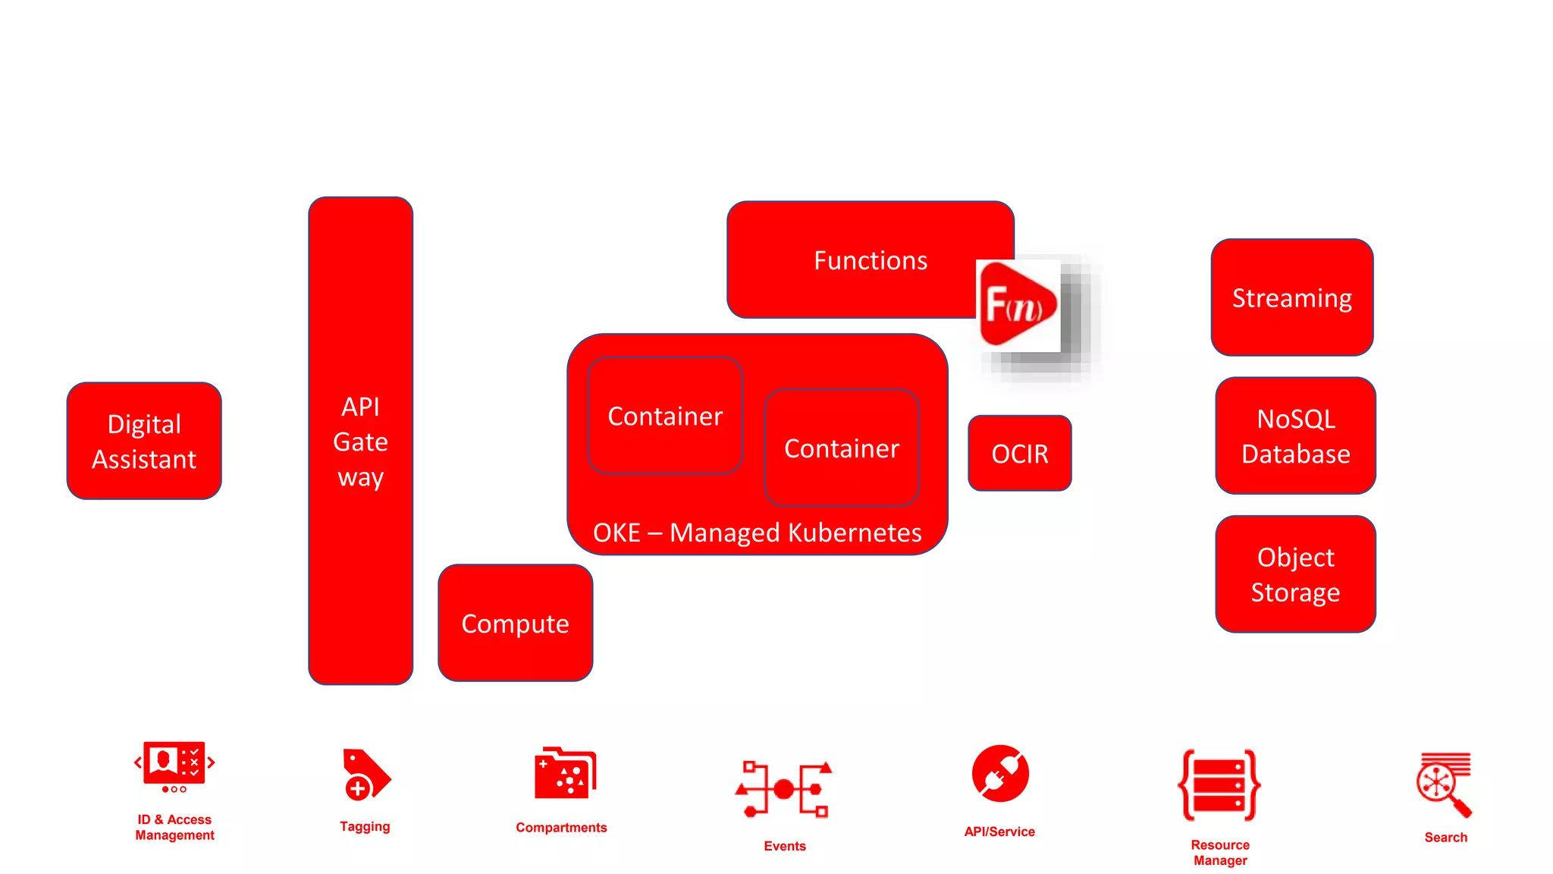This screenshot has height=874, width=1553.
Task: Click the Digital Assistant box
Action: [x=144, y=441]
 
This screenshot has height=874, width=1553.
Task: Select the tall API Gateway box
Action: [x=360, y=441]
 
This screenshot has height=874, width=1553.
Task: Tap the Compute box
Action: [x=515, y=623]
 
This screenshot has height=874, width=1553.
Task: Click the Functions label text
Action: [x=870, y=260]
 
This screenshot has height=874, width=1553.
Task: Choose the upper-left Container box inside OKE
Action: [x=665, y=416]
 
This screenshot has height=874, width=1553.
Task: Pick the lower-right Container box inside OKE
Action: [x=842, y=448]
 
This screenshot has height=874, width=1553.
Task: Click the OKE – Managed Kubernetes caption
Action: [x=757, y=533]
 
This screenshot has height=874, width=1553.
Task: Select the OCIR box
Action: [x=1019, y=453]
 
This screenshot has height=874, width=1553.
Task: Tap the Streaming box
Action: [x=1291, y=297]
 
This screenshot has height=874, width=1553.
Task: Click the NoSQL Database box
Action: [x=1295, y=435]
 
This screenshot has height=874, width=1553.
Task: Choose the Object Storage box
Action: [x=1295, y=574]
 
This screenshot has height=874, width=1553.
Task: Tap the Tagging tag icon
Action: [x=366, y=775]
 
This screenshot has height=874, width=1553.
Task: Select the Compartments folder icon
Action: [x=564, y=773]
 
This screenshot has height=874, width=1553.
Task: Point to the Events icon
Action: [x=784, y=789]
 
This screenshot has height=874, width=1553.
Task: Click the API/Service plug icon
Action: [x=1000, y=774]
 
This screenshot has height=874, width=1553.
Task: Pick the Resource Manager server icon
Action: [x=1219, y=785]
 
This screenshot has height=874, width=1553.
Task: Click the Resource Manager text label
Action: [x=1219, y=852]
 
